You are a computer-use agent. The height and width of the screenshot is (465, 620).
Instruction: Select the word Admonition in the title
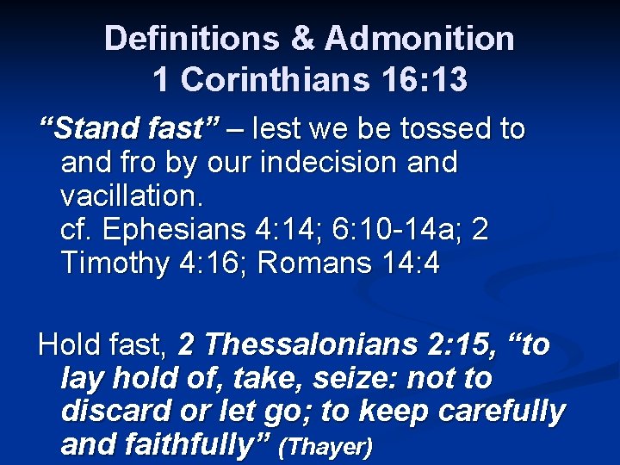point(420,38)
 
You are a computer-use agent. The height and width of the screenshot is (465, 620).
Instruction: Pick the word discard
point(112,412)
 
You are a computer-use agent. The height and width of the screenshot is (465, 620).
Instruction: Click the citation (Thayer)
point(327,447)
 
